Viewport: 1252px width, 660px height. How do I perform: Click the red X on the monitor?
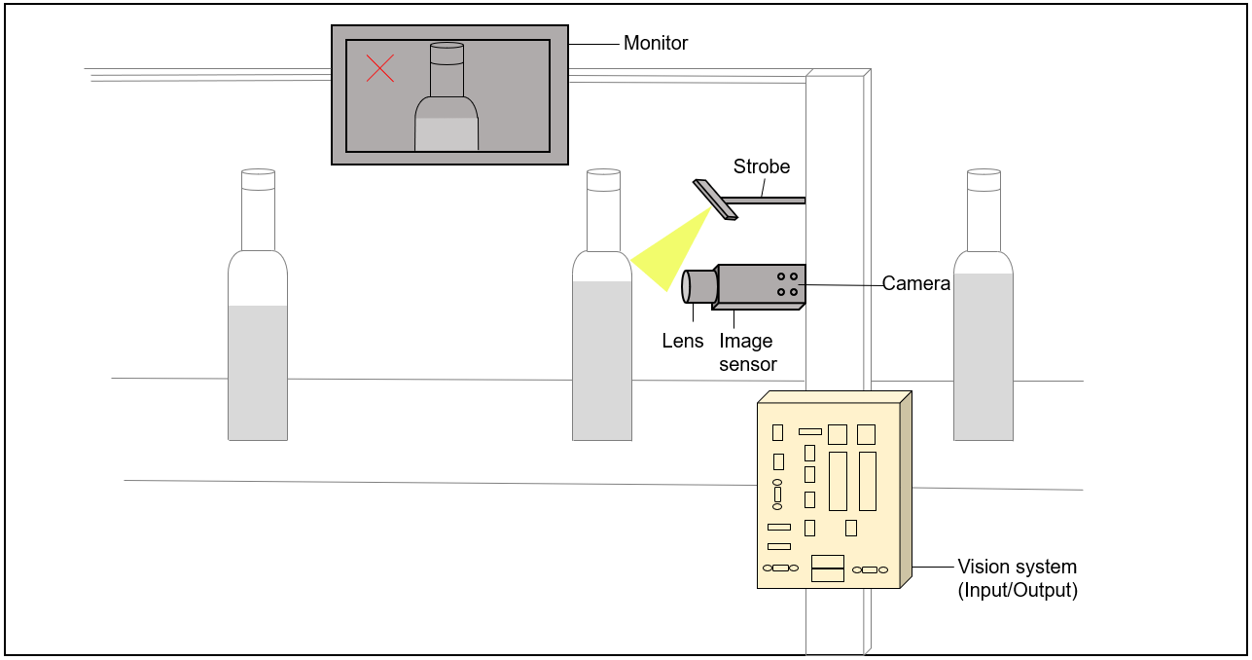(379, 68)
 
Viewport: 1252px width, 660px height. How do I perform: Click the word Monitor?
(655, 44)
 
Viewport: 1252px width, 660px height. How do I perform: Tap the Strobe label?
(762, 166)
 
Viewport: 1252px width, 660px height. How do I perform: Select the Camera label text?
(915, 284)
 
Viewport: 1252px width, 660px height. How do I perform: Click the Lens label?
(682, 341)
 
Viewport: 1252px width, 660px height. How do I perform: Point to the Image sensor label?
(747, 352)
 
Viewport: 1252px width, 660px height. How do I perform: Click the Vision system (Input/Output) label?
(1017, 578)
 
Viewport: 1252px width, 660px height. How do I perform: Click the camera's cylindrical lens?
(699, 285)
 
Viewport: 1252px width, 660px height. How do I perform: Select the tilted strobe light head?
(715, 199)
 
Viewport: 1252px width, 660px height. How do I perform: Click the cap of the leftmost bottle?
(258, 179)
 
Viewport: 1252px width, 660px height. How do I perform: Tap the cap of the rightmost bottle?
(984, 179)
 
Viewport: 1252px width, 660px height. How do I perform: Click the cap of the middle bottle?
(603, 179)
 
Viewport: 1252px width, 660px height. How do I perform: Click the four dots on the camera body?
(788, 284)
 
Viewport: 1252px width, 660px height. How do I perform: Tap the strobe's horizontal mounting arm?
(769, 201)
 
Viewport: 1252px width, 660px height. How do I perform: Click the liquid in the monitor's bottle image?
(447, 134)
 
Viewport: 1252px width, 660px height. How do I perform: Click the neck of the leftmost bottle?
(258, 219)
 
